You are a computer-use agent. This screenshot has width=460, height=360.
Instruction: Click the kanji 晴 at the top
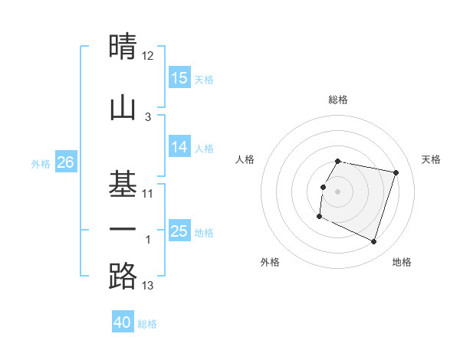tap(123, 47)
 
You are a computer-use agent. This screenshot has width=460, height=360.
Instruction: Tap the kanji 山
tap(123, 106)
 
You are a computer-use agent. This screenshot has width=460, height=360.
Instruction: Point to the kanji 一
tap(123, 230)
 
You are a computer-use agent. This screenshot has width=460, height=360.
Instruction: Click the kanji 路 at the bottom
tap(123, 276)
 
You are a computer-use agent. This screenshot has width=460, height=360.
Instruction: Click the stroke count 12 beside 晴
tap(148, 56)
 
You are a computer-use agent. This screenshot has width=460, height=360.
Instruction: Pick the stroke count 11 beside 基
tap(148, 193)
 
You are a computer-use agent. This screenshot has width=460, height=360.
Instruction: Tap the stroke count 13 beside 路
tap(148, 286)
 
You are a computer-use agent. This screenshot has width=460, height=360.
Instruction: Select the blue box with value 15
tap(179, 78)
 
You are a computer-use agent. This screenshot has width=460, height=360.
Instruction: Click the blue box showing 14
tap(179, 147)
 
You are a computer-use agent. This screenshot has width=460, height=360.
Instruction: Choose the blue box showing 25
tap(179, 231)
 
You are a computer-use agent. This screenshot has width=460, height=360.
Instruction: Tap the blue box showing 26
tap(65, 162)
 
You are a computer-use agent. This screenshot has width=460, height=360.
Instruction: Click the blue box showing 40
tap(123, 322)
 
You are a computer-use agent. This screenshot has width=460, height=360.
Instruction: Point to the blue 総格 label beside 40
tap(147, 324)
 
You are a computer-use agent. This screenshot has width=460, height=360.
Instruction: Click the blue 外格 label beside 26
tap(41, 163)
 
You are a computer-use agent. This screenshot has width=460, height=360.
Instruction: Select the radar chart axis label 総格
tap(337, 100)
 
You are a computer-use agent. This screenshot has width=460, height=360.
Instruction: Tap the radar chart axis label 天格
tap(431, 159)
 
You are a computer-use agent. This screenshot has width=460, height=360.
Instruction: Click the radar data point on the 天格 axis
tap(396, 173)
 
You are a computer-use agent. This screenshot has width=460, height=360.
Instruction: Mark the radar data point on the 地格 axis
tap(373, 242)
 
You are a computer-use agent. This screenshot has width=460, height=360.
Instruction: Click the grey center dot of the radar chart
tap(337, 191)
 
